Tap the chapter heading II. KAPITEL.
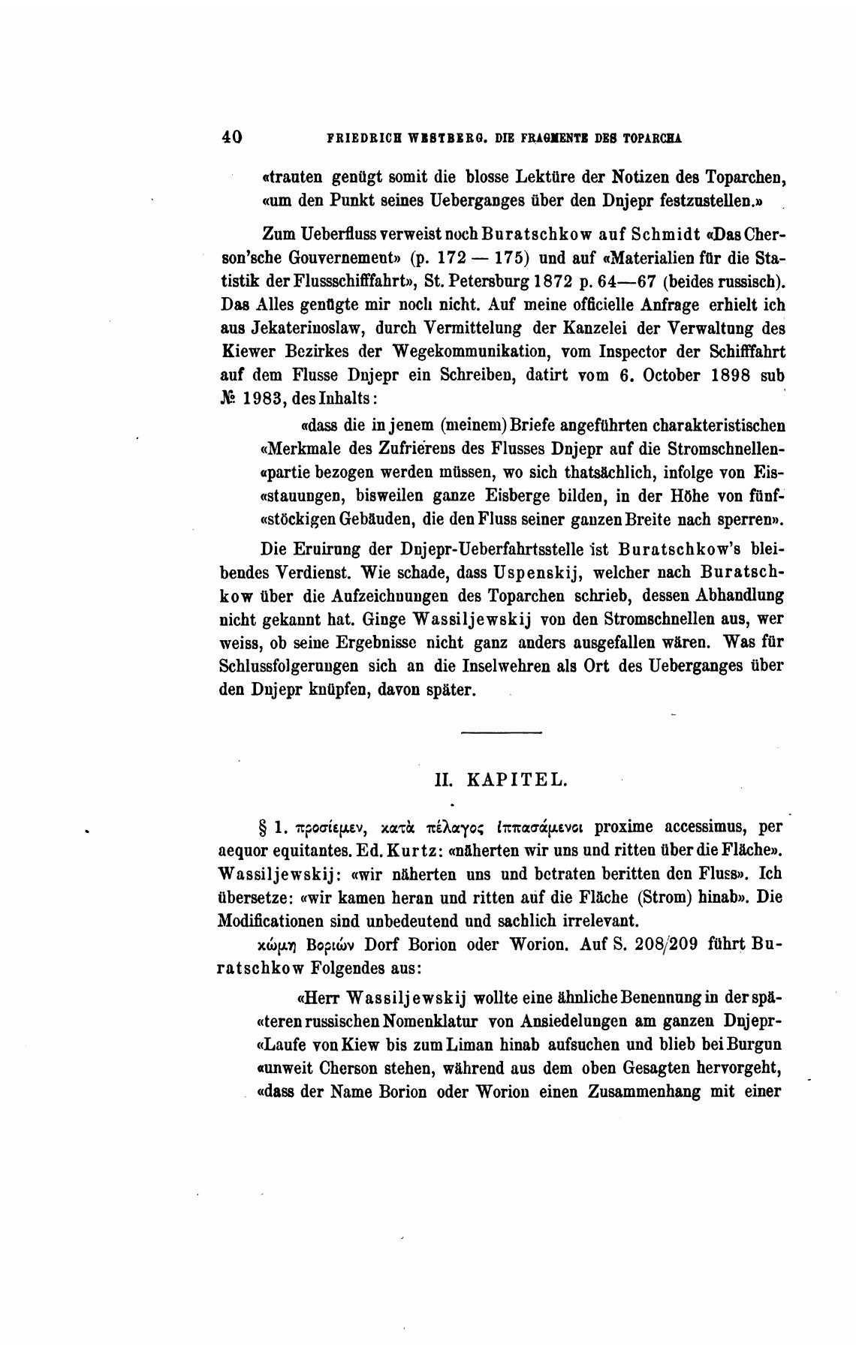(x=501, y=780)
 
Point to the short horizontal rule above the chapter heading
(x=500, y=732)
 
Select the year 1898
(x=726, y=377)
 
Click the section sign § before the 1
(x=263, y=828)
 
